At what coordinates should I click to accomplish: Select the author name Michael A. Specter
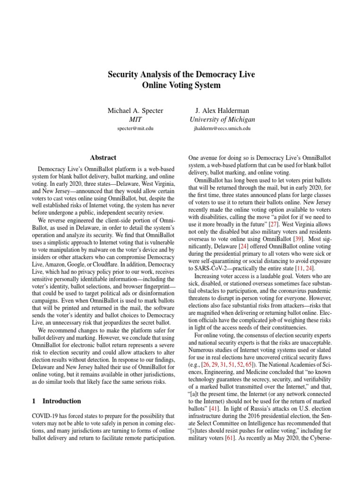(x=136, y=111)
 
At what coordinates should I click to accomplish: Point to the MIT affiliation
(x=136, y=120)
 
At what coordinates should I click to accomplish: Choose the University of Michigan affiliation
(x=222, y=120)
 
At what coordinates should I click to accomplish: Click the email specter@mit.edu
(x=136, y=128)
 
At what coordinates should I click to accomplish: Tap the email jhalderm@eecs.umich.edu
(x=222, y=128)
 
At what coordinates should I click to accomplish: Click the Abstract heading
(x=103, y=157)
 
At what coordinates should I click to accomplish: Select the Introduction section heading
(x=61, y=401)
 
